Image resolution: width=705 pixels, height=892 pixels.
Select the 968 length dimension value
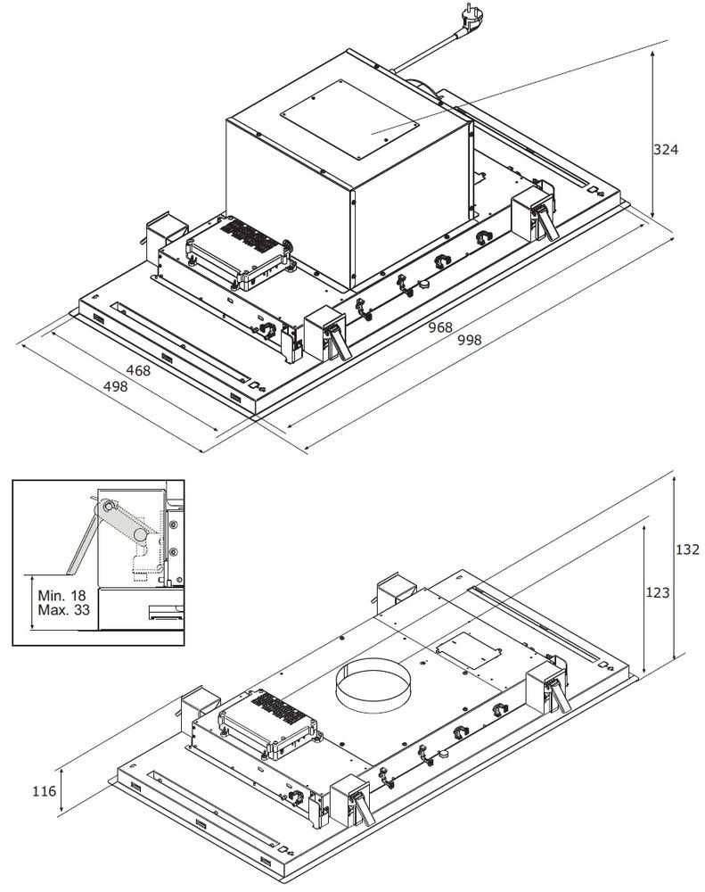440,327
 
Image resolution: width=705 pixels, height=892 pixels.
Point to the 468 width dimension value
137,370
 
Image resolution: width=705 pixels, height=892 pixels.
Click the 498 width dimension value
115,385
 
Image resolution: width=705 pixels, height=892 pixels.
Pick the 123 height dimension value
659,591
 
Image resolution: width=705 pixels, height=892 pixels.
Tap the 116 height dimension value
43,789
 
